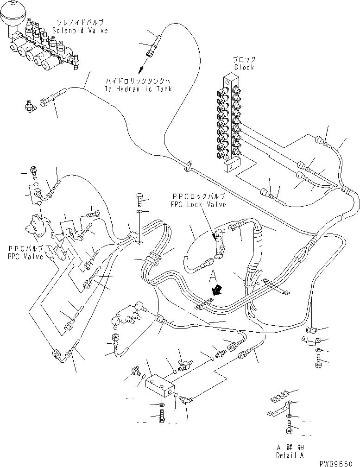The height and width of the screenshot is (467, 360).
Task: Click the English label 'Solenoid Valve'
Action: point(80,31)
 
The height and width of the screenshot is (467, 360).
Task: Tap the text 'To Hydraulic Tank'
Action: point(138,88)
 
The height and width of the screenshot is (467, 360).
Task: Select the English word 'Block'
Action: point(244,67)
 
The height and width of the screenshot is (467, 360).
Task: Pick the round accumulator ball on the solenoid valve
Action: point(11,19)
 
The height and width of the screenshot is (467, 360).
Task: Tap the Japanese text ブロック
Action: point(244,59)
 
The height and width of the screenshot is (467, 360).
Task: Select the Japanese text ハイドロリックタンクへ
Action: point(138,81)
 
